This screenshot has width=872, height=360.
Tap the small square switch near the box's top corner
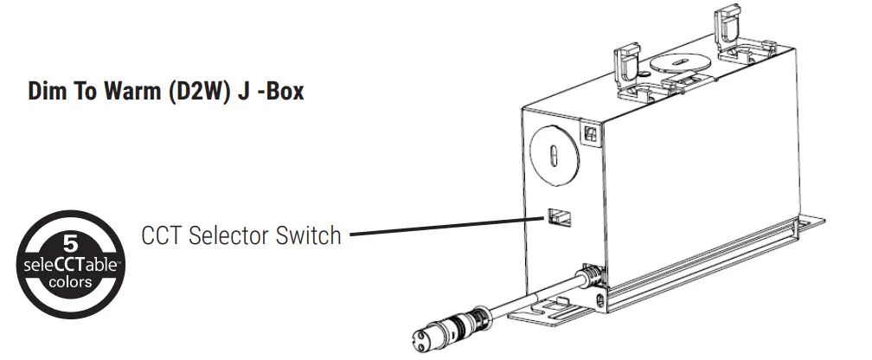(x=591, y=134)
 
